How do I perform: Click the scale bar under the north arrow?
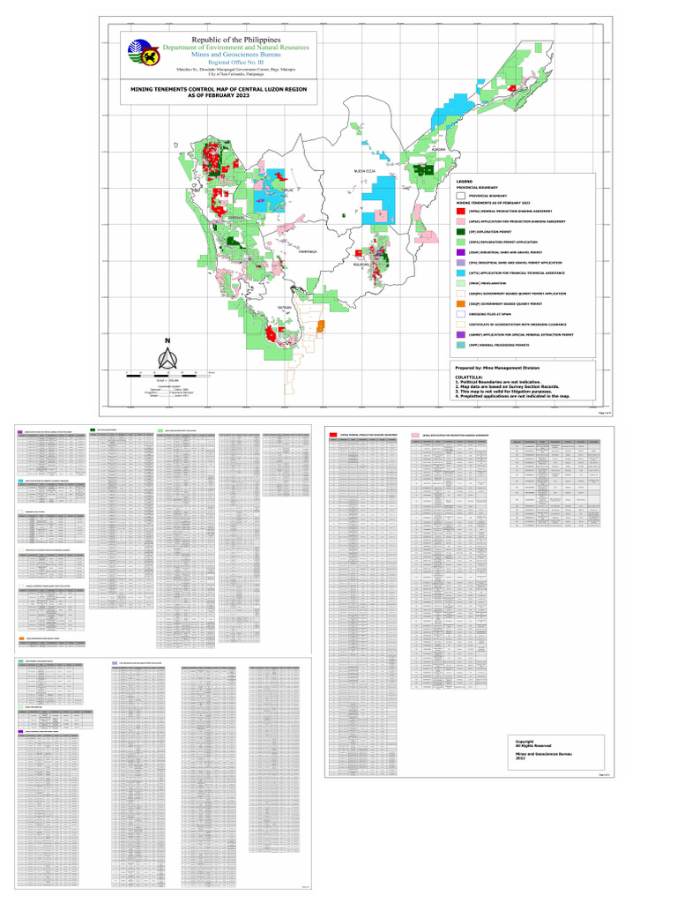pyautogui.click(x=167, y=374)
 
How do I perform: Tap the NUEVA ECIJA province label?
pyautogui.click(x=365, y=169)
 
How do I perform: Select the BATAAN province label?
pyautogui.click(x=284, y=307)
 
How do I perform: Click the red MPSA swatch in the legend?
pyautogui.click(x=460, y=211)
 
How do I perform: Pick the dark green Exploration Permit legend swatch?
pyautogui.click(x=460, y=231)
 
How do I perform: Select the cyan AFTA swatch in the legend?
pyautogui.click(x=460, y=272)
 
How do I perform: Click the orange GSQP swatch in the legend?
pyautogui.click(x=460, y=303)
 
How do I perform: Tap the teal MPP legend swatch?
pyautogui.click(x=460, y=345)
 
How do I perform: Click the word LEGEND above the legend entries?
pyautogui.click(x=464, y=182)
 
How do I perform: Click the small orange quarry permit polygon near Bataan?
pyautogui.click(x=320, y=326)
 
